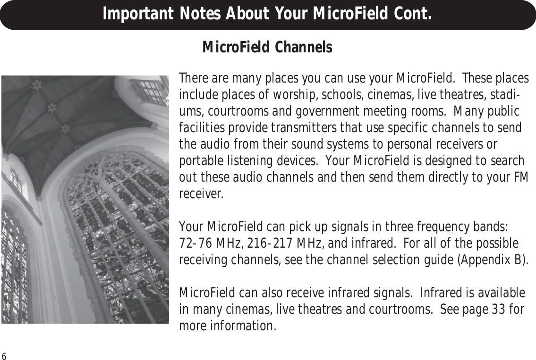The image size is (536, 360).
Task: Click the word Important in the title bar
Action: (x=137, y=14)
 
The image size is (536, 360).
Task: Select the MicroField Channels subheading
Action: (x=267, y=47)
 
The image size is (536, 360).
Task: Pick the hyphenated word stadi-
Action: (x=506, y=95)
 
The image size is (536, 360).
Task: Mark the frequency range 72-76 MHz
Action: (x=210, y=243)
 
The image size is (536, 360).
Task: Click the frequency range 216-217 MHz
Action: (x=286, y=243)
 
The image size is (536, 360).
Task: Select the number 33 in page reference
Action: (x=499, y=310)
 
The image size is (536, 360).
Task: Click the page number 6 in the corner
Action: (x=4, y=356)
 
